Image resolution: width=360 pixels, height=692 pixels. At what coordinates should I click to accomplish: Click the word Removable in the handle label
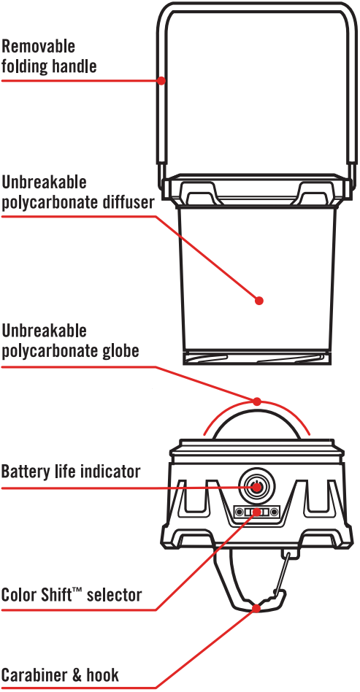pyautogui.click(x=39, y=46)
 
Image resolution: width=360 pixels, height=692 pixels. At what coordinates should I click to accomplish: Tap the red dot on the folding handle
pyautogui.click(x=161, y=81)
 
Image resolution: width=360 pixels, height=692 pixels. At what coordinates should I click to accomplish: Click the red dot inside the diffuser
pyautogui.click(x=259, y=301)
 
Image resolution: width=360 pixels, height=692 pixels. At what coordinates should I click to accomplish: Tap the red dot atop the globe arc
pyautogui.click(x=257, y=401)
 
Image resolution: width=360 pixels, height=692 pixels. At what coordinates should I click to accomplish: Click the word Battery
pyautogui.click(x=26, y=472)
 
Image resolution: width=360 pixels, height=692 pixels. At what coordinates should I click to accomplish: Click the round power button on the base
pyautogui.click(x=257, y=487)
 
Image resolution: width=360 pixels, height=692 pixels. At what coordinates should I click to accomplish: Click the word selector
pyautogui.click(x=115, y=595)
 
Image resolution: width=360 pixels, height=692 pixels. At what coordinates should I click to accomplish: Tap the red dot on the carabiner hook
pyautogui.click(x=256, y=609)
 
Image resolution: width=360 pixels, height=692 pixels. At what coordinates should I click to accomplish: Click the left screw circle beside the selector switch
pyautogui.click(x=239, y=512)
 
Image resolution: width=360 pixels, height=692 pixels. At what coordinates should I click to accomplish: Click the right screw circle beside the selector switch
pyautogui.click(x=275, y=512)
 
